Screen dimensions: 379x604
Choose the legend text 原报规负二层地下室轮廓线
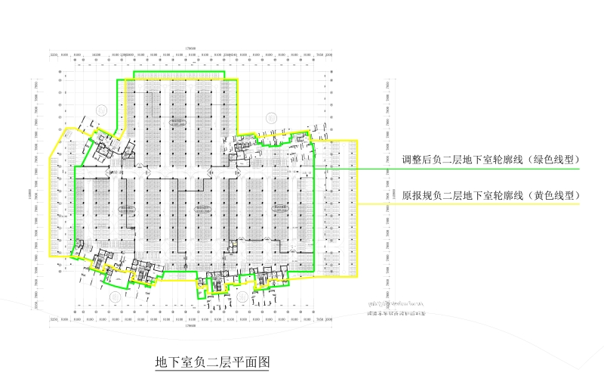468,195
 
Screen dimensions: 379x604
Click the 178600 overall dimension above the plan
190,49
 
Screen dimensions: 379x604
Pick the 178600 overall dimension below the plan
190,326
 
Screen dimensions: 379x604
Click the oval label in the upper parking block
178,120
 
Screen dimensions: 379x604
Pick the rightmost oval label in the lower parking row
281,206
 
